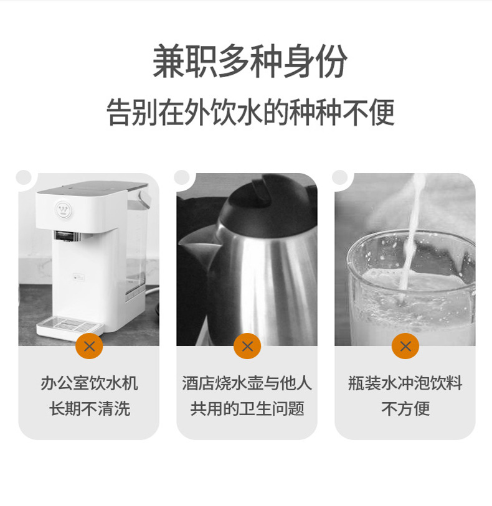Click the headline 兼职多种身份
(249, 62)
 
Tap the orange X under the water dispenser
(89, 346)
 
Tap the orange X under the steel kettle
(247, 346)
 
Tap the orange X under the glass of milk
(405, 346)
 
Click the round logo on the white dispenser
(63, 208)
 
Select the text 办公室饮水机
(89, 383)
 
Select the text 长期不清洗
(89, 409)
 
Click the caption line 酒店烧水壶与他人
(247, 383)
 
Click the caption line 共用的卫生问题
(247, 409)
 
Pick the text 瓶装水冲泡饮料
(405, 383)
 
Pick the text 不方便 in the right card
(405, 409)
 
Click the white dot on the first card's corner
(24, 177)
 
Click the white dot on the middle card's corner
(182, 177)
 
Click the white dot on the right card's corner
(340, 177)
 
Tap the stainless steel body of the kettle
(274, 280)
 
